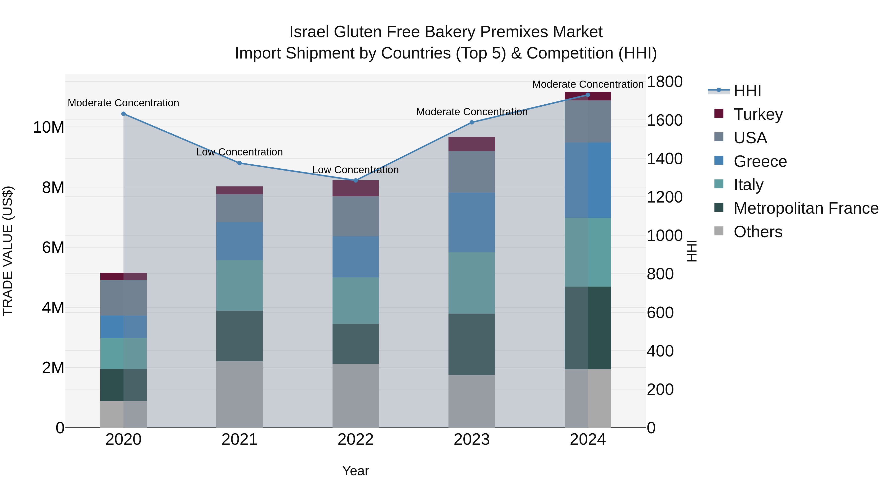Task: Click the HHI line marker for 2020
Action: click(x=124, y=114)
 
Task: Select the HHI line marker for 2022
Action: click(x=356, y=180)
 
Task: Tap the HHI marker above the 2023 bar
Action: click(x=472, y=122)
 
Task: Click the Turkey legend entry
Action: click(x=758, y=114)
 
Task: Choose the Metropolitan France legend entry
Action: click(x=806, y=208)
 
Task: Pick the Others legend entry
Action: click(x=758, y=232)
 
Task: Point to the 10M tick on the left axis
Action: click(x=49, y=127)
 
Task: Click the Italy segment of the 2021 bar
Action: click(x=239, y=286)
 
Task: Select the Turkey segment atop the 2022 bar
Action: click(x=356, y=188)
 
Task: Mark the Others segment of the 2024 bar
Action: click(x=588, y=398)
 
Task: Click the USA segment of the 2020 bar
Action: click(x=124, y=298)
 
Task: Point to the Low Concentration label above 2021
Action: click(x=239, y=152)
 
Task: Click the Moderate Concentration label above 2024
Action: click(x=588, y=84)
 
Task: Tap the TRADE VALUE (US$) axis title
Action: click(x=8, y=251)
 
